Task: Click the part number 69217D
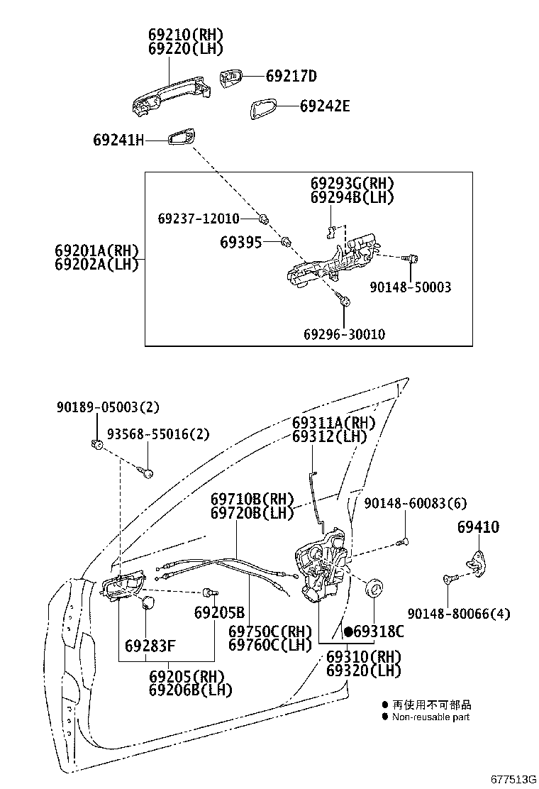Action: [x=291, y=76]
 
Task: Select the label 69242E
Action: [x=325, y=106]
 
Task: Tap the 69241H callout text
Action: [x=118, y=140]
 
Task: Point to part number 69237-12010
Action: [x=199, y=219]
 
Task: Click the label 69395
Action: [x=241, y=243]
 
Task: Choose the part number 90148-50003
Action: [x=411, y=287]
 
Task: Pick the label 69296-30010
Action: [x=345, y=334]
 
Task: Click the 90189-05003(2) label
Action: [x=108, y=407]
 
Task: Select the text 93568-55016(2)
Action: [x=158, y=434]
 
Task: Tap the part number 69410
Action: [x=478, y=527]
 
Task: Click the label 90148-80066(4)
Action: [x=459, y=613]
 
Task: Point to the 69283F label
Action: [x=150, y=645]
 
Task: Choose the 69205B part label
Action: [x=219, y=612]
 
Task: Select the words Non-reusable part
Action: [x=430, y=717]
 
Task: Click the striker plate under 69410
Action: [x=478, y=563]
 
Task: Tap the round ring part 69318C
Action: [x=374, y=587]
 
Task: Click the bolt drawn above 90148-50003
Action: [x=411, y=259]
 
